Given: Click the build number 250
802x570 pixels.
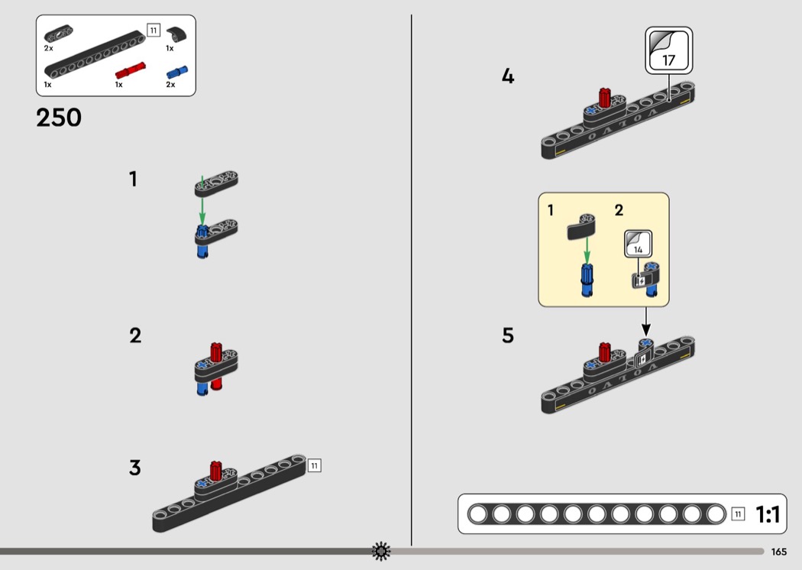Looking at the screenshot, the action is click(x=58, y=117).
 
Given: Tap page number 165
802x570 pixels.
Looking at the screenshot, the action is click(x=778, y=552).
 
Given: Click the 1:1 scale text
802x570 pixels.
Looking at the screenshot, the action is click(x=767, y=513).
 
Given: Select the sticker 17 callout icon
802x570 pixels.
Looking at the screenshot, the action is click(x=668, y=50).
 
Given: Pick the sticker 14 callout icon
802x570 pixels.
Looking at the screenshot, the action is click(x=638, y=244).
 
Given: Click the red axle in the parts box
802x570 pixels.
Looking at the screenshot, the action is click(x=130, y=70).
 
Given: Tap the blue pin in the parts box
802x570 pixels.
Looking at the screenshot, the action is click(x=177, y=73).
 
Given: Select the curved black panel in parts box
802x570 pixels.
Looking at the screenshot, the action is click(x=176, y=34).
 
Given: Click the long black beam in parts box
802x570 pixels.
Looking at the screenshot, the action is click(x=95, y=54).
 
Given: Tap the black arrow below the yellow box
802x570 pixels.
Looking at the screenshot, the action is click(x=646, y=322).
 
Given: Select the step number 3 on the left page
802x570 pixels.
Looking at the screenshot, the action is click(x=134, y=468).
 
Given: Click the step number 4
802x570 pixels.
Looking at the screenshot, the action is click(x=507, y=76).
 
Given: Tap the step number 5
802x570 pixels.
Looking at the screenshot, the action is click(x=507, y=335).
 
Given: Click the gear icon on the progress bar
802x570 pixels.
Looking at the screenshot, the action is click(x=381, y=551).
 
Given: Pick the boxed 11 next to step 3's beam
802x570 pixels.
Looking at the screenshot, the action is click(x=314, y=465).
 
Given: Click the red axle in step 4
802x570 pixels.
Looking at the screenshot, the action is click(x=605, y=99).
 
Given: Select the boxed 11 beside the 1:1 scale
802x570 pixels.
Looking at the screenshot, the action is click(x=738, y=514).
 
